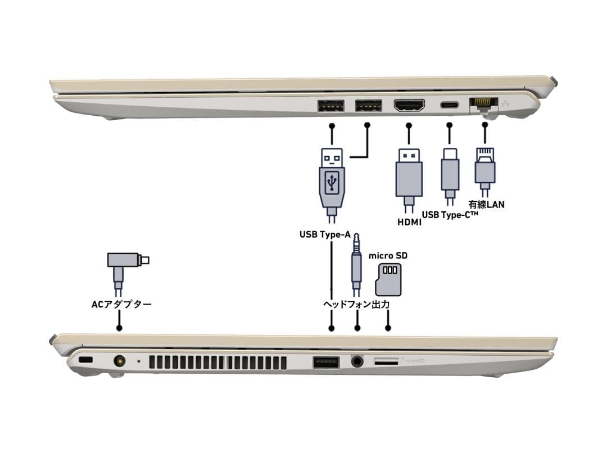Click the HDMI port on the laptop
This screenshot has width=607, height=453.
point(409,105)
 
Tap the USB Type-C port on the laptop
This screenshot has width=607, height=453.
point(449,105)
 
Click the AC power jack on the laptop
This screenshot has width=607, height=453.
point(119,361)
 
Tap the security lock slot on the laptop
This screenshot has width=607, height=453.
point(86,360)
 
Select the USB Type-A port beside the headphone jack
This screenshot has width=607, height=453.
point(326,363)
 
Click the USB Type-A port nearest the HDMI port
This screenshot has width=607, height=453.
point(368,105)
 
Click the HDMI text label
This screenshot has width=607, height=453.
point(409,223)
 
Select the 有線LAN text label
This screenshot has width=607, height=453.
point(486,204)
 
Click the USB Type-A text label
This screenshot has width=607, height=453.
point(325,234)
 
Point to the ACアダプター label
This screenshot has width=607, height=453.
point(121,305)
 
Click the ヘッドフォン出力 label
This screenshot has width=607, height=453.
point(356,304)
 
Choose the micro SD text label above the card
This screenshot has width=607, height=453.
point(388,256)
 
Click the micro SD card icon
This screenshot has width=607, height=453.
point(388,279)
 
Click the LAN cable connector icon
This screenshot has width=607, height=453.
point(484,167)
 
